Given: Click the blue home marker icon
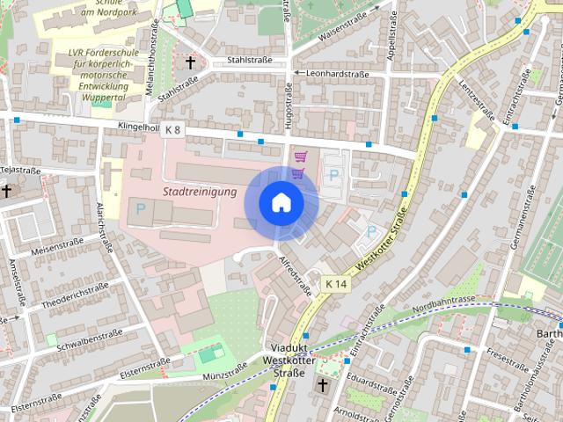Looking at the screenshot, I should point(281,202).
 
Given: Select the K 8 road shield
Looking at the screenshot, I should point(172,131).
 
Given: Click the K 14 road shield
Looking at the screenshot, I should point(335,284).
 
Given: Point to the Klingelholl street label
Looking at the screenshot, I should point(137,127).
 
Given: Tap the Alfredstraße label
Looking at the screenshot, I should point(296,274).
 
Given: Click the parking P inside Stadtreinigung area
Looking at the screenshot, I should point(139,209).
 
